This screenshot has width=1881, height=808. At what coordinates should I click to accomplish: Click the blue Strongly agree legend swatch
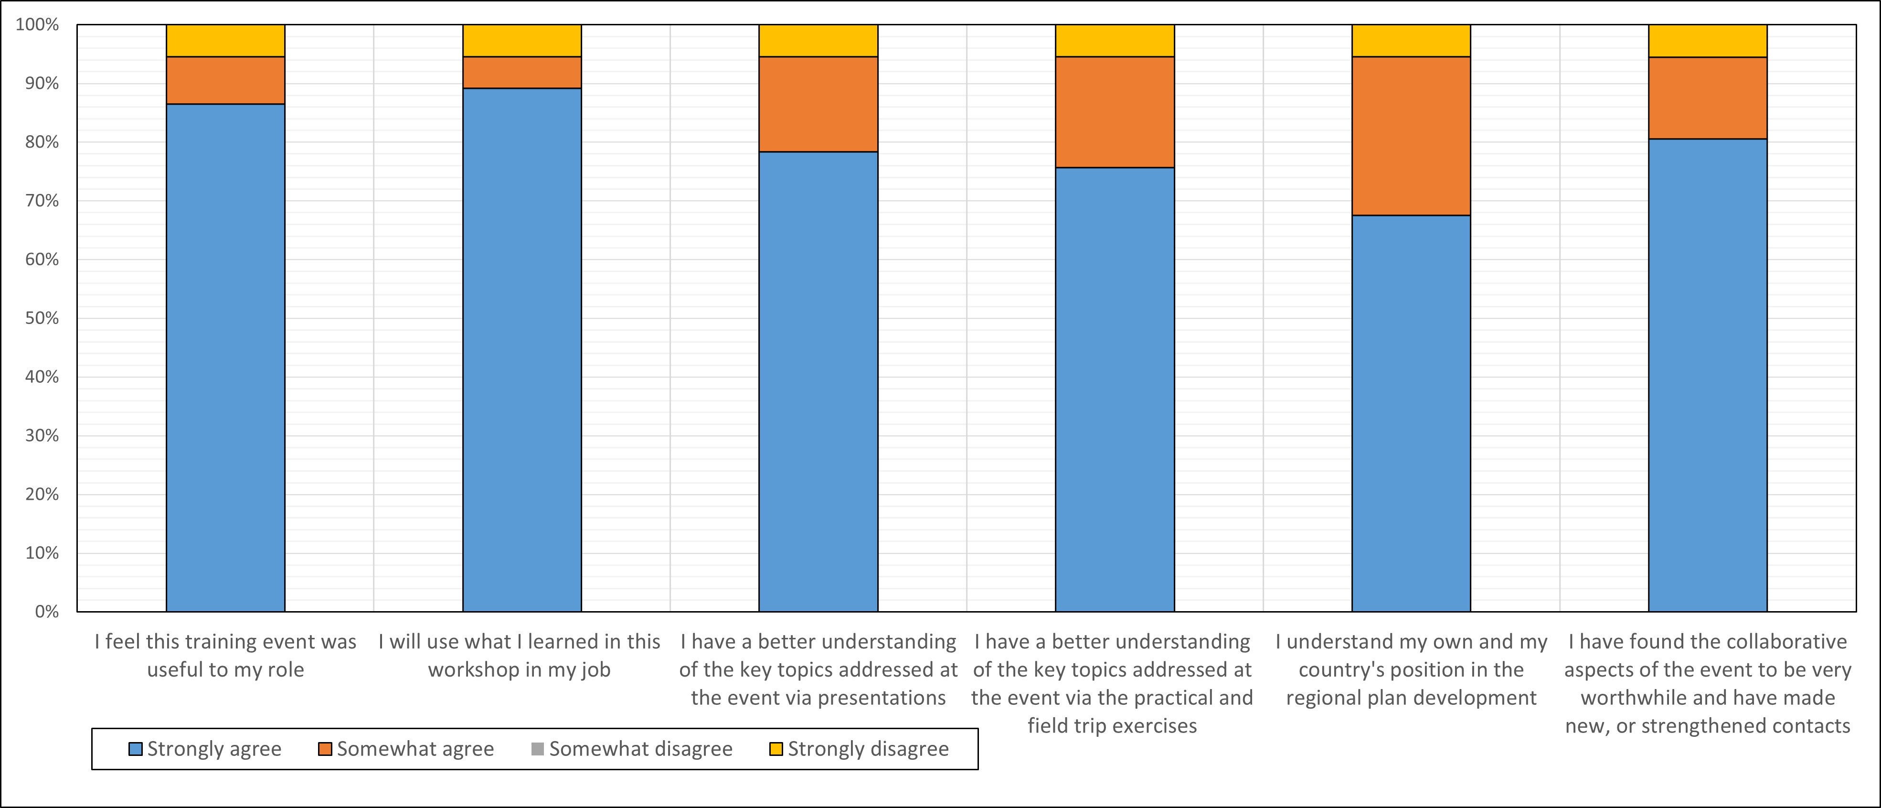pyautogui.click(x=135, y=749)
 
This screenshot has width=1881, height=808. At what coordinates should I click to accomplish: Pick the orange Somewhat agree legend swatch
pyautogui.click(x=325, y=749)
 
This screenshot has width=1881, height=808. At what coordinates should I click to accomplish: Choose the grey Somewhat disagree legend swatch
pyautogui.click(x=537, y=749)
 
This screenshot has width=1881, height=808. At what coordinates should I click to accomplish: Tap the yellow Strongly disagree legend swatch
pyautogui.click(x=776, y=749)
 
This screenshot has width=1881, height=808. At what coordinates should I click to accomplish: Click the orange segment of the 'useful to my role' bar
pyautogui.click(x=225, y=80)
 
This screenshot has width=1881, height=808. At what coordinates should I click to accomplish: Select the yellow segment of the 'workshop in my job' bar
pyautogui.click(x=522, y=41)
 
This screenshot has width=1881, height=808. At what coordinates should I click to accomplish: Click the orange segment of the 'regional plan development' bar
pyautogui.click(x=1411, y=136)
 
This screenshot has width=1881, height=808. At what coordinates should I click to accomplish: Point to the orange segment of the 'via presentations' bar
pyautogui.click(x=818, y=105)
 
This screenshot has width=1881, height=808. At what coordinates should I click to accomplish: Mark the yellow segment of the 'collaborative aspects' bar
pyautogui.click(x=1708, y=41)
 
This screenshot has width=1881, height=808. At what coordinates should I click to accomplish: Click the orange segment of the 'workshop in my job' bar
pyautogui.click(x=522, y=72)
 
